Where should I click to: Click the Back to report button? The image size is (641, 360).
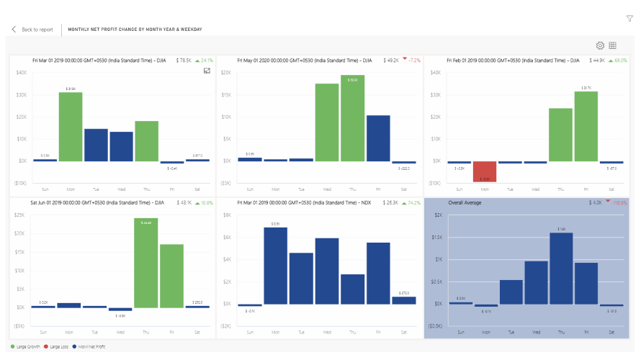click(32, 30)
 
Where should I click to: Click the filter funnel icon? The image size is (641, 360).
click(629, 18)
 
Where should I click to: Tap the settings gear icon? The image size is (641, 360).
click(600, 45)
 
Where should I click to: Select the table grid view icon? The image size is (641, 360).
click(612, 45)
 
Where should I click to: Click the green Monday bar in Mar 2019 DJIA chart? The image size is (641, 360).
click(71, 127)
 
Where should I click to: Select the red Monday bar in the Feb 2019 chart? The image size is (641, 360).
click(485, 171)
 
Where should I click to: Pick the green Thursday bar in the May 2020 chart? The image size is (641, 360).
click(353, 118)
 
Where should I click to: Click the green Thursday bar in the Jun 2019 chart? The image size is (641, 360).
click(146, 263)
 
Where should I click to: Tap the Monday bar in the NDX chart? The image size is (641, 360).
click(275, 266)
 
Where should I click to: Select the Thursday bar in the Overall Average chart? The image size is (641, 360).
click(561, 268)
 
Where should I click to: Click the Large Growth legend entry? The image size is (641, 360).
click(25, 347)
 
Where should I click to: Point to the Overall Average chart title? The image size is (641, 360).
click(465, 203)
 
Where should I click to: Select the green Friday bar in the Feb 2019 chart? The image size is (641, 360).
click(586, 127)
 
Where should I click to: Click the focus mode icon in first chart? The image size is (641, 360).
click(207, 71)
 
